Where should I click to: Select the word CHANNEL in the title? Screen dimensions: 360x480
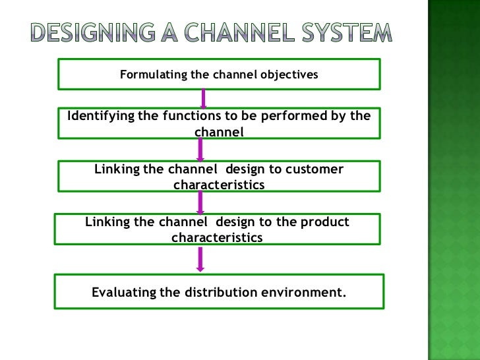pyautogui.click(x=266, y=31)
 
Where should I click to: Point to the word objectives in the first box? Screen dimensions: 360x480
pyautogui.click(x=287, y=75)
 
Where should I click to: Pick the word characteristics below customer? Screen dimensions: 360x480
pyautogui.click(x=219, y=185)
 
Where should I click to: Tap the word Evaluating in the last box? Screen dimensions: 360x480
pyautogui.click(x=124, y=292)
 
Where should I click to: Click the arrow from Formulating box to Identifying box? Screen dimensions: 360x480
pyautogui.click(x=204, y=98)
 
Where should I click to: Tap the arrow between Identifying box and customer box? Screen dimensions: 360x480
pyautogui.click(x=201, y=150)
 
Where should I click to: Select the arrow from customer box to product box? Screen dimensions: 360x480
pyautogui.click(x=200, y=202)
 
